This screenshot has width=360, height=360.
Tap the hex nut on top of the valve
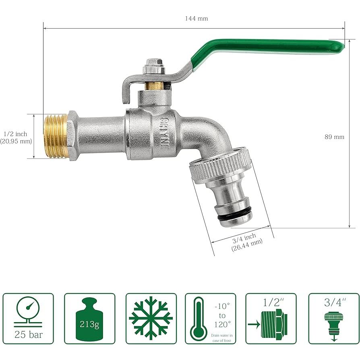(153, 64)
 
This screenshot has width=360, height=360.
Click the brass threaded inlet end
(55, 136)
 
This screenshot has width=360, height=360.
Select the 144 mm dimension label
(197, 19)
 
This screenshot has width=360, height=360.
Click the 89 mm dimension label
(334, 137)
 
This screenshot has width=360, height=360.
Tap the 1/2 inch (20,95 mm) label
(16, 137)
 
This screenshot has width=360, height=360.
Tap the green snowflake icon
(151, 318)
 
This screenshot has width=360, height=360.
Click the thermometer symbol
(199, 318)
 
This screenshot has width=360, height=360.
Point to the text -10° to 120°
(222, 315)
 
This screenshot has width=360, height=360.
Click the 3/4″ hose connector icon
(333, 324)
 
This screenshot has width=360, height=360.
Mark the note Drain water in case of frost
(222, 338)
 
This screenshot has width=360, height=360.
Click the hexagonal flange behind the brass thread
(72, 136)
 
